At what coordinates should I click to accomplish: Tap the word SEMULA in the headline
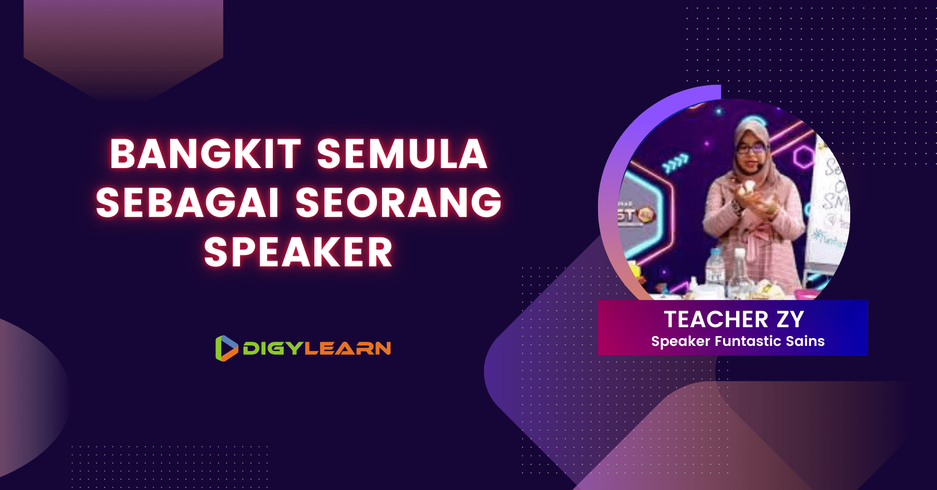click(402, 154)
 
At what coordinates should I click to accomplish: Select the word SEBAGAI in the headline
click(188, 203)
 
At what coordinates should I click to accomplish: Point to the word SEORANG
click(398, 203)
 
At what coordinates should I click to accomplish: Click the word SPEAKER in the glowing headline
click(298, 253)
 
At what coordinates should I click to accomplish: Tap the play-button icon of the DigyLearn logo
click(226, 348)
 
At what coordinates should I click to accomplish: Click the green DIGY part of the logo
click(273, 349)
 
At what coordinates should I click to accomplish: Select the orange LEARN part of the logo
click(348, 349)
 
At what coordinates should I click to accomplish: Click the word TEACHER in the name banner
click(716, 319)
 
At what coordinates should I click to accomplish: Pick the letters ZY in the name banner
click(790, 319)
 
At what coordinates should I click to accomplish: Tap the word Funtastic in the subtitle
click(748, 341)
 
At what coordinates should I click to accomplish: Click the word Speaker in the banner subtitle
click(680, 341)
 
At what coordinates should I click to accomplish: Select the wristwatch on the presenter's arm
click(737, 207)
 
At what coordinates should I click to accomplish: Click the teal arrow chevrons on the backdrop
click(676, 163)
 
